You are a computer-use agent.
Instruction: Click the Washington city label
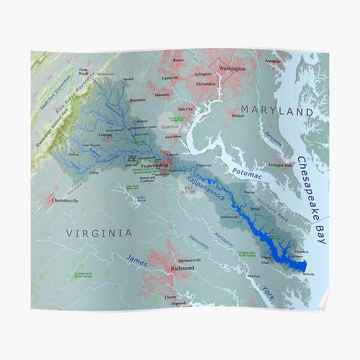232,68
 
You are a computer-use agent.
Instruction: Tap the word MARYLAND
277,112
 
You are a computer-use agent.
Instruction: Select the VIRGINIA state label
99,232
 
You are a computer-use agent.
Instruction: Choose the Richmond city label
182,268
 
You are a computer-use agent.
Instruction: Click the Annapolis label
272,61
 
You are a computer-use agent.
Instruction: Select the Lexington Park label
280,164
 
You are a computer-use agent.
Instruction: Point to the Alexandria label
205,84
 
